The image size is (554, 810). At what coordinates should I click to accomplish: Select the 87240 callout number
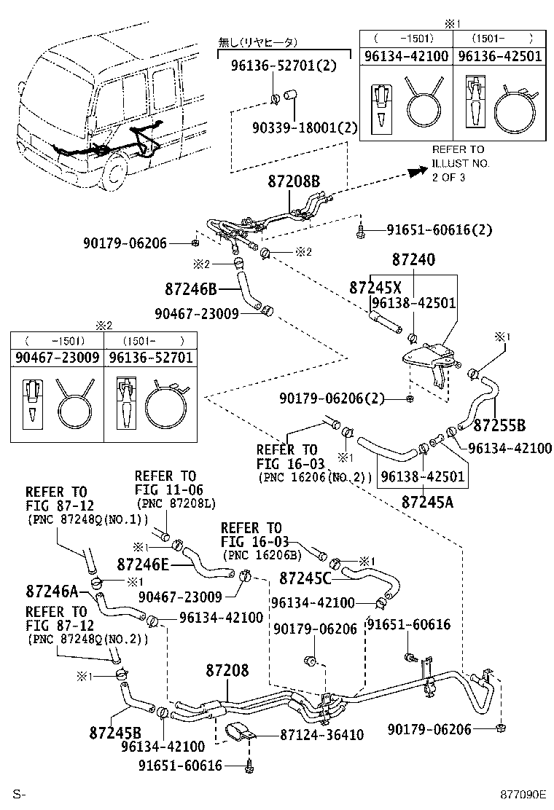click(413, 260)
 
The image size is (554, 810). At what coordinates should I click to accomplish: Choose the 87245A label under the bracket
click(426, 501)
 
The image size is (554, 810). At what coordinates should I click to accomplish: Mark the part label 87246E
click(143, 563)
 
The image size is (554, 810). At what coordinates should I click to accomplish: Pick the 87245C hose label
click(305, 578)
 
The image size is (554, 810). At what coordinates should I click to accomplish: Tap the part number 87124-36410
click(321, 735)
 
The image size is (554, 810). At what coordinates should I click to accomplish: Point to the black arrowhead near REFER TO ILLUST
click(416, 172)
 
